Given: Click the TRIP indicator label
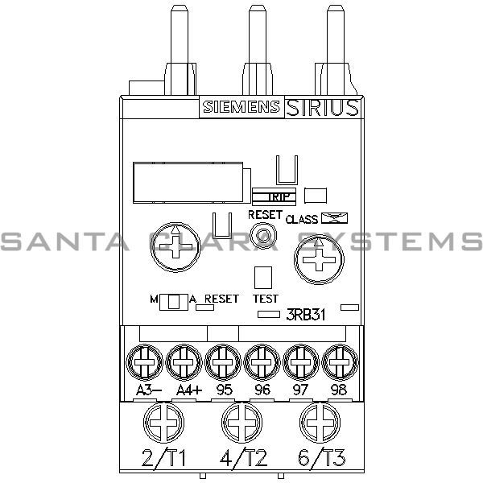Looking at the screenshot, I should [274, 195].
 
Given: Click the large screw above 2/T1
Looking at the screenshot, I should [163, 421].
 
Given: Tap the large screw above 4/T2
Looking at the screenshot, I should [241, 421].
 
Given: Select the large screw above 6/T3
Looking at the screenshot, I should [319, 421].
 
